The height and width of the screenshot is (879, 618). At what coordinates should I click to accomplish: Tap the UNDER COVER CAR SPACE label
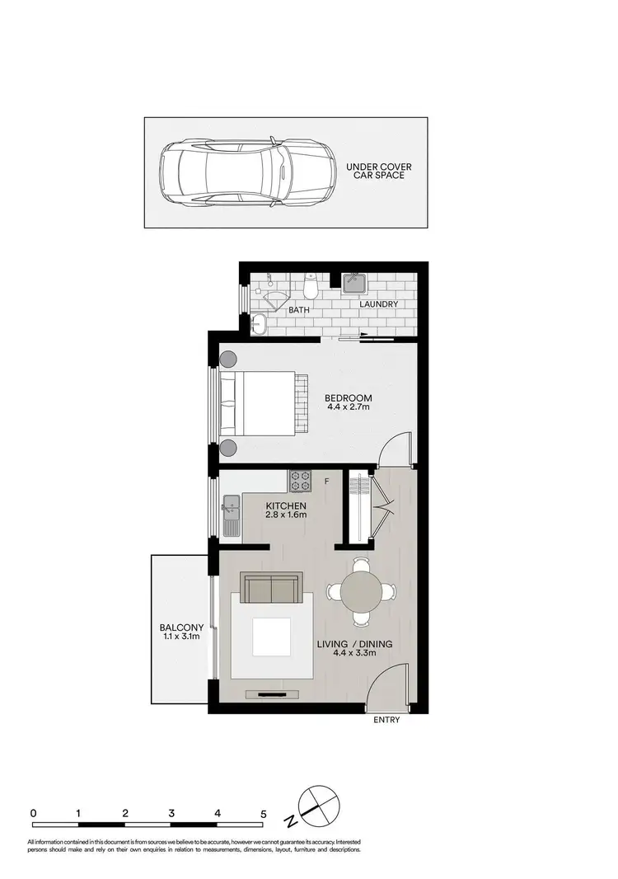pos(379,172)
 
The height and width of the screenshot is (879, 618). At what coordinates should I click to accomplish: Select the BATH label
pos(298,310)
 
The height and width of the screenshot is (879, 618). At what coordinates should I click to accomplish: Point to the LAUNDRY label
pos(379,304)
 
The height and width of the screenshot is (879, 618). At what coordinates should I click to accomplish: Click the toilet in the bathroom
pos(311,288)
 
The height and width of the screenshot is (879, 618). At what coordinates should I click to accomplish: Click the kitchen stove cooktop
pos(298,479)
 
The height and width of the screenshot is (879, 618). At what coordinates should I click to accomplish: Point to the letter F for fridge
pos(327,480)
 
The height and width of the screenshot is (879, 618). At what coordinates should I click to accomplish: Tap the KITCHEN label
pos(286,505)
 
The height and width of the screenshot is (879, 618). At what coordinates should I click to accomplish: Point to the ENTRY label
pos(386,720)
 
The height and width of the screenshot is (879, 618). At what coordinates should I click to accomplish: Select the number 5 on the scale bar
pos(264,813)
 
